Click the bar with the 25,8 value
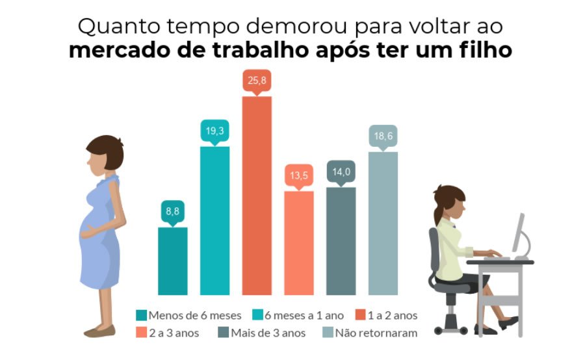(x=257, y=195)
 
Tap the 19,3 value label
(x=214, y=131)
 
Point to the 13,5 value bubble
(x=298, y=175)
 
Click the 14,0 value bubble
(x=341, y=172)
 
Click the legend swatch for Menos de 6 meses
(x=141, y=316)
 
